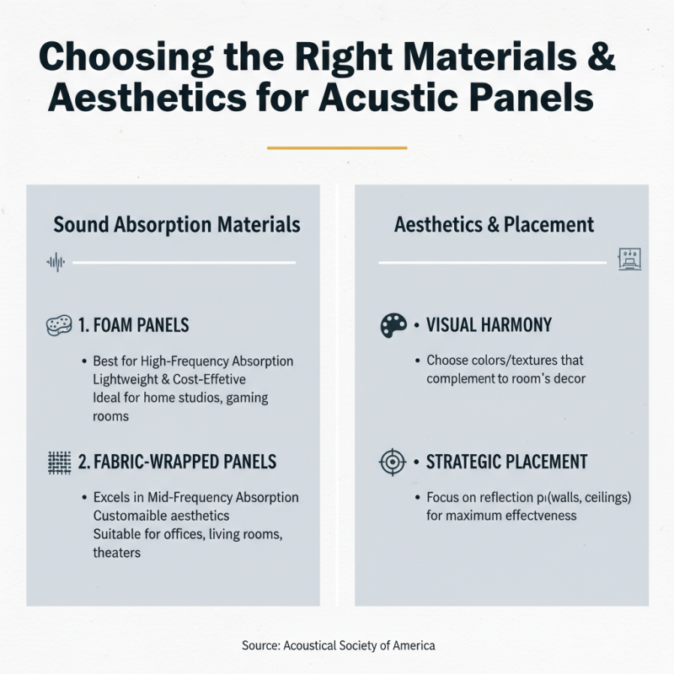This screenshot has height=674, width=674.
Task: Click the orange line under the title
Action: (x=336, y=147)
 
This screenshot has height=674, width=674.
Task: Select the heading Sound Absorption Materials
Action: (x=177, y=225)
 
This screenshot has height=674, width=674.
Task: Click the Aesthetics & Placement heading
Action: (x=495, y=225)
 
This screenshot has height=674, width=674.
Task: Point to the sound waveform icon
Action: (x=55, y=264)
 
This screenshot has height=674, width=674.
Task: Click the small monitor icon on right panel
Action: (x=630, y=260)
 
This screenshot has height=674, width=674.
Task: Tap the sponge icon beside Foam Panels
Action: (x=56, y=326)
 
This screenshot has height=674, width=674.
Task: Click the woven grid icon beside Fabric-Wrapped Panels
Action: (x=56, y=463)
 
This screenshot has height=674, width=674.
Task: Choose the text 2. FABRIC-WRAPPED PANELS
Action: (x=178, y=463)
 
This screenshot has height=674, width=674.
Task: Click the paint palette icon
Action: (x=393, y=326)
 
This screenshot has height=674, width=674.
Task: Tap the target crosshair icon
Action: (x=393, y=463)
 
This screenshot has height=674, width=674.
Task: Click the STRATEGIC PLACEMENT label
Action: (x=507, y=463)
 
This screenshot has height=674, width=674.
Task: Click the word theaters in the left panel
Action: (x=116, y=553)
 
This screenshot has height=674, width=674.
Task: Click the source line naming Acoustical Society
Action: (x=337, y=645)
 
